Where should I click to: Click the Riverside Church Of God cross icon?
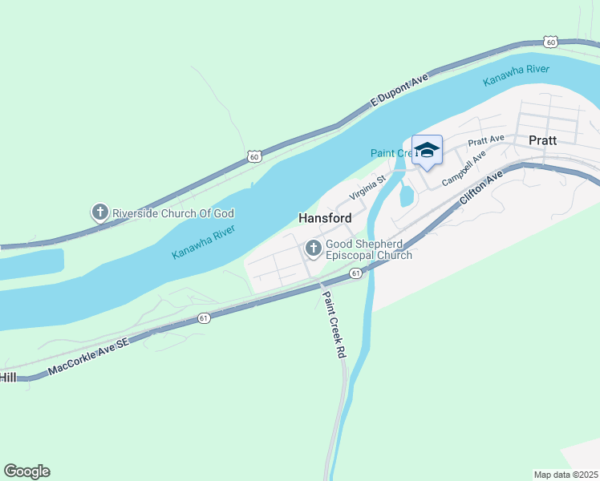99,212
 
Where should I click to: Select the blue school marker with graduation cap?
427,150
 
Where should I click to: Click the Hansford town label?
325,218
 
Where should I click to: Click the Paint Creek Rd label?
333,324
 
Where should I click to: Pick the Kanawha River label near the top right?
516,75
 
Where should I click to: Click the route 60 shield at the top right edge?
549,41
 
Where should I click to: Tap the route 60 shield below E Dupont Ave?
253,157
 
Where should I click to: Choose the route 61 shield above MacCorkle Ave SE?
205,318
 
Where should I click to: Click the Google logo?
26,471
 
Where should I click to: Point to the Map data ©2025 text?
566,475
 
